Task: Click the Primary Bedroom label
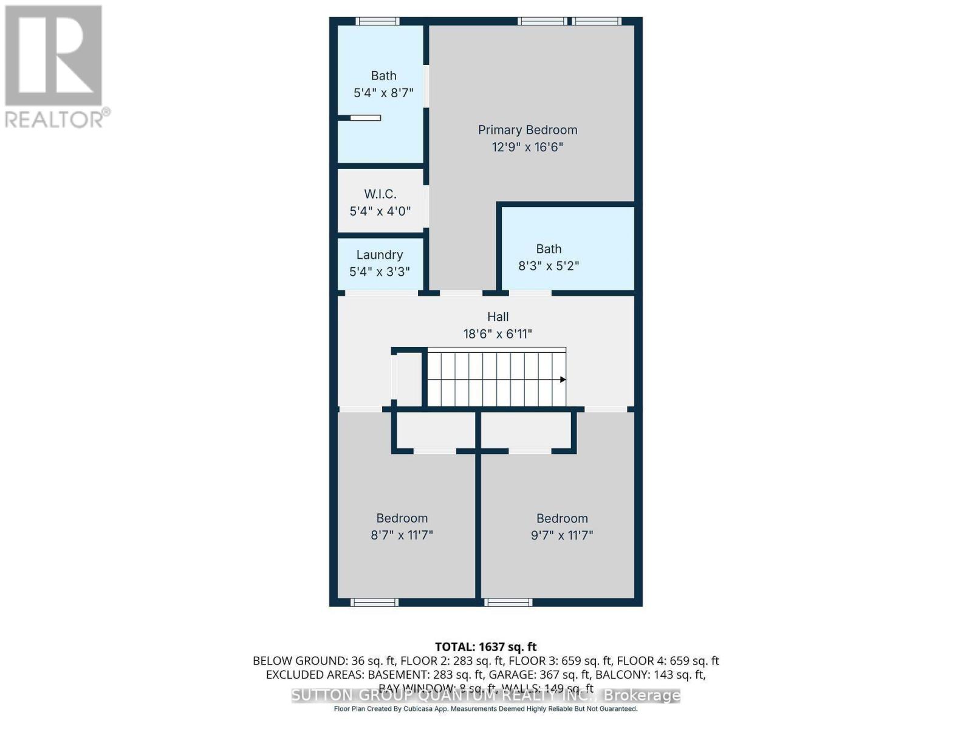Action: click(x=527, y=130)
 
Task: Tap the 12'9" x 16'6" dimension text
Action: click(x=527, y=147)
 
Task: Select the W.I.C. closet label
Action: click(x=380, y=194)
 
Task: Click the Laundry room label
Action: click(x=380, y=255)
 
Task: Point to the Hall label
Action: click(x=498, y=317)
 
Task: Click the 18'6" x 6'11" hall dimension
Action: click(x=498, y=334)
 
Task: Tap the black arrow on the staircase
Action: click(x=563, y=380)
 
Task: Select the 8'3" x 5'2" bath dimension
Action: click(x=549, y=266)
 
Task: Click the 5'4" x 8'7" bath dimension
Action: click(x=383, y=93)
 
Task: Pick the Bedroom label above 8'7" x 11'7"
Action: click(x=402, y=518)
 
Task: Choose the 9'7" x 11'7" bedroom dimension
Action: click(x=562, y=535)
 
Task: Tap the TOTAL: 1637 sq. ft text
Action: click(x=485, y=647)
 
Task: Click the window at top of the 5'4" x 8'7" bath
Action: click(x=377, y=21)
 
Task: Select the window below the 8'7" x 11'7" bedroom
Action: click(x=374, y=603)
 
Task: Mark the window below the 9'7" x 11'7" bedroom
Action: click(x=508, y=603)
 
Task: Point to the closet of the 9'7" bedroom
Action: click(x=526, y=431)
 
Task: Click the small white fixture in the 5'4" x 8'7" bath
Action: click(x=365, y=118)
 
